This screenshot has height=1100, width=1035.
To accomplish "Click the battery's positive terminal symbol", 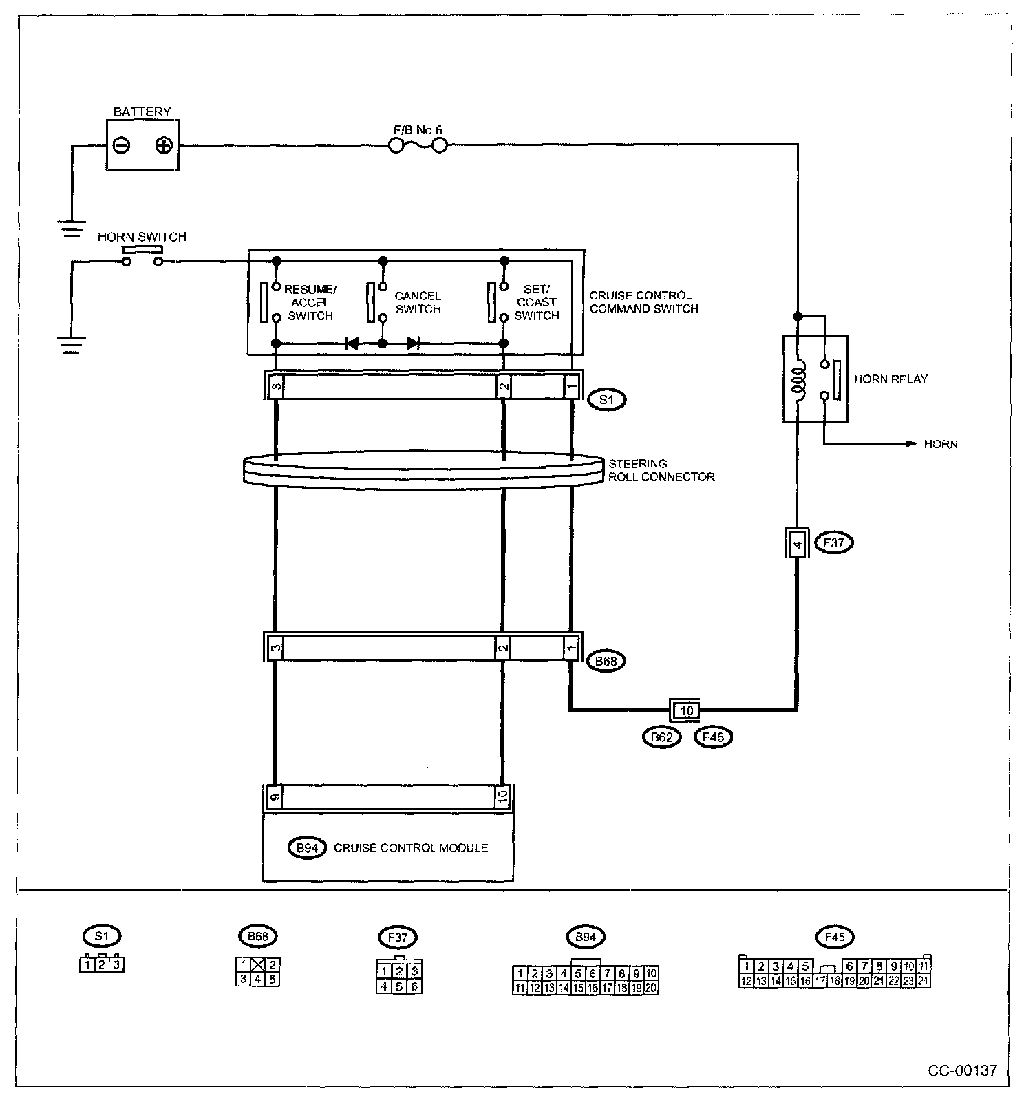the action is (163, 145).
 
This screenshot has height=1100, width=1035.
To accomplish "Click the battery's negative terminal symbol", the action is (121, 145).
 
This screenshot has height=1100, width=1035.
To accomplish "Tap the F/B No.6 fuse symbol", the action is (418, 145).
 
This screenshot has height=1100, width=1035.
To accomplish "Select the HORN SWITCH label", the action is (142, 237).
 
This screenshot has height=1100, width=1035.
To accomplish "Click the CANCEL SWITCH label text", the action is (418, 302).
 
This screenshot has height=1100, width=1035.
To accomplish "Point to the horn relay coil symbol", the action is (799, 379).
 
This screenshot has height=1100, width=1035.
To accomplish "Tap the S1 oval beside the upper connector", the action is (606, 399).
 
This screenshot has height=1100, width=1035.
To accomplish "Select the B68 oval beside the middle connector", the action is (606, 661).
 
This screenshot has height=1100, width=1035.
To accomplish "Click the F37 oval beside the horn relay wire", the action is (833, 542).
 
